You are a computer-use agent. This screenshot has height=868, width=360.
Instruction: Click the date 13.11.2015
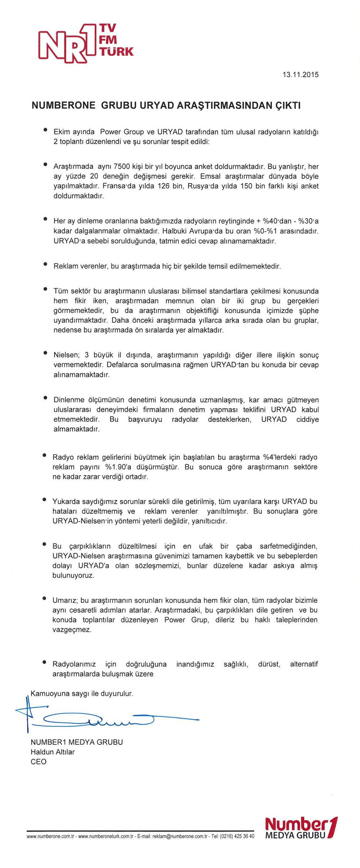coord(301,75)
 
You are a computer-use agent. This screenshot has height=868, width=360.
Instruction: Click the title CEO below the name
coord(38,762)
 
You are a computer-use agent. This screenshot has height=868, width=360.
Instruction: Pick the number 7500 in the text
coord(122,167)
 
